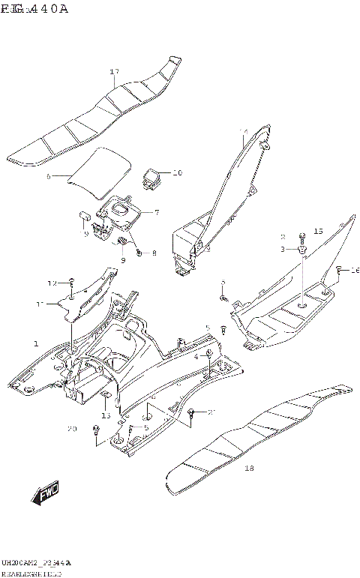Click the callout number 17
click(114, 72)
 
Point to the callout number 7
click(156, 212)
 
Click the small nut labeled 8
click(139, 253)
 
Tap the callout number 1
click(34, 343)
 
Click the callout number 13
click(106, 415)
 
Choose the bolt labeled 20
click(97, 428)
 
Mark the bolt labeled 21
click(193, 412)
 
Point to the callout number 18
click(249, 469)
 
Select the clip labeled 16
click(338, 269)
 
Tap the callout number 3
click(284, 248)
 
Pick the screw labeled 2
click(302, 235)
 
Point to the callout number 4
click(196, 357)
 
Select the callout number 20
click(72, 429)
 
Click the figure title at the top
click(34, 9)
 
